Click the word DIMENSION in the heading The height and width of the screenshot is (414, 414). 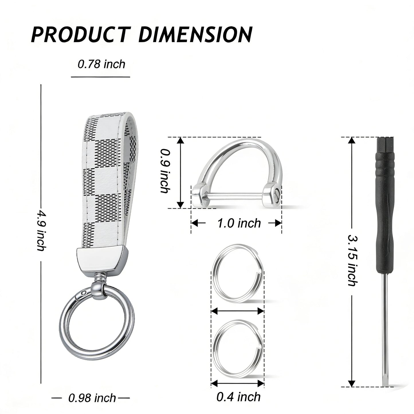[x=195, y=34]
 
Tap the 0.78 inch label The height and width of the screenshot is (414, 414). [x=101, y=64]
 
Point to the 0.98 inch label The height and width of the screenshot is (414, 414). [x=92, y=392]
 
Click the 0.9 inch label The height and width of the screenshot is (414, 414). [x=165, y=171]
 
